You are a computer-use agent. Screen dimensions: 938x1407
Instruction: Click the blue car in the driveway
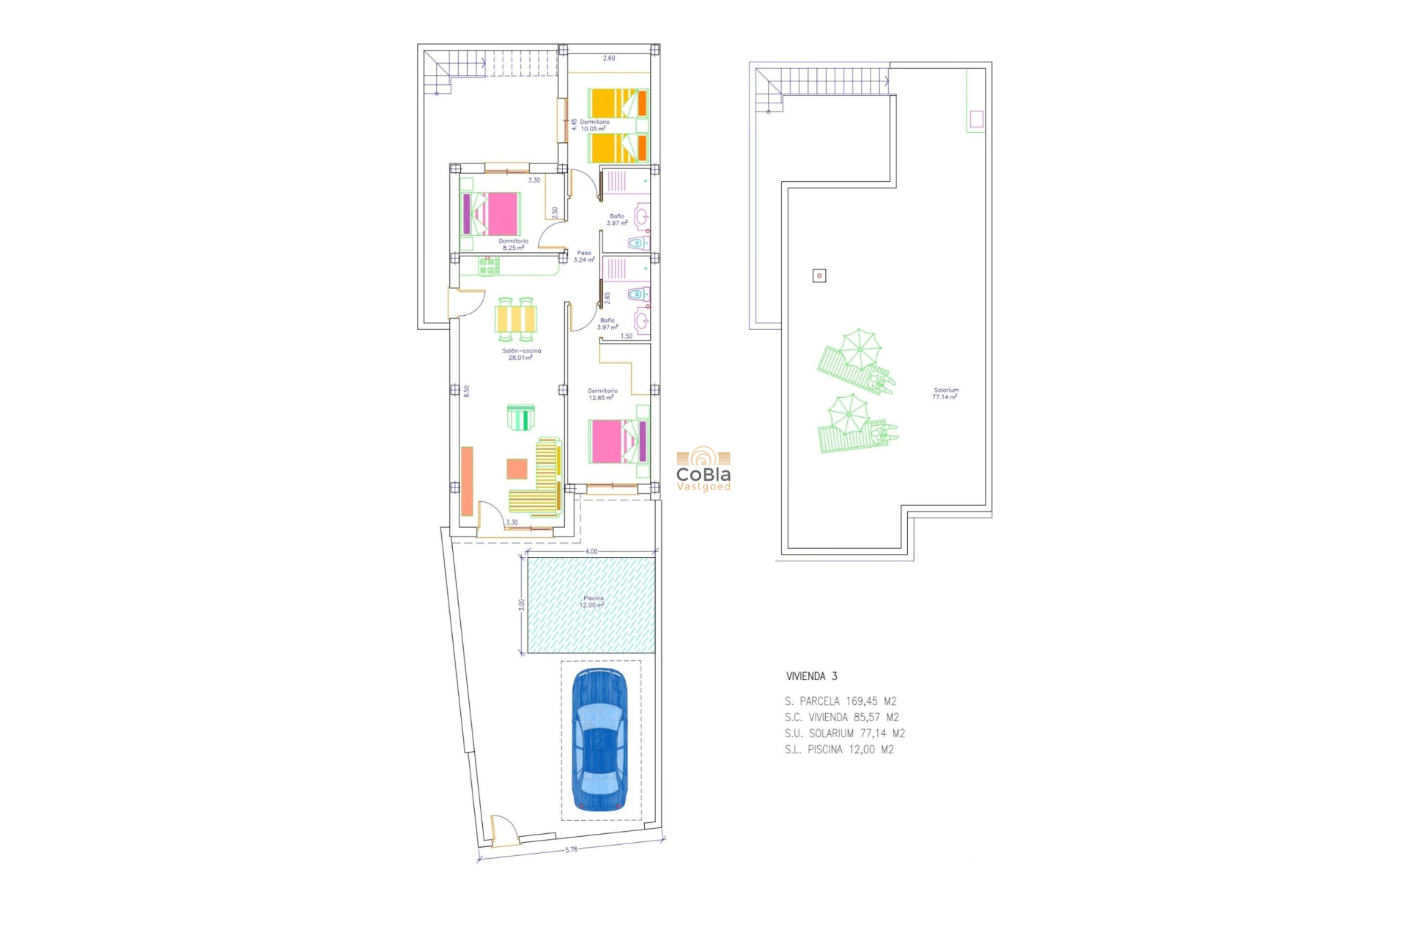click(599, 740)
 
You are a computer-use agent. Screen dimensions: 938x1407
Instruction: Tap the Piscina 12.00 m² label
click(593, 602)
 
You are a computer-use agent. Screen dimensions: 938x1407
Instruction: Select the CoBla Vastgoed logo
click(703, 469)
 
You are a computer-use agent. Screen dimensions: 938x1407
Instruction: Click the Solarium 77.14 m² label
click(945, 394)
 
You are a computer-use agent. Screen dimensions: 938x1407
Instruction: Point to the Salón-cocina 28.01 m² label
click(521, 354)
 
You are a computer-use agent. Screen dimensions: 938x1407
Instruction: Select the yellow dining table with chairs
click(516, 320)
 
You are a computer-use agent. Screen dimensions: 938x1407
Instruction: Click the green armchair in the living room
click(521, 418)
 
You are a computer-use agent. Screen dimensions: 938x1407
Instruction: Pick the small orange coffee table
click(517, 468)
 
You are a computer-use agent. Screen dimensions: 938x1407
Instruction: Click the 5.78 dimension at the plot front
click(571, 849)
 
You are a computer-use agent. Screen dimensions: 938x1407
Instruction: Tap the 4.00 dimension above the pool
click(591, 551)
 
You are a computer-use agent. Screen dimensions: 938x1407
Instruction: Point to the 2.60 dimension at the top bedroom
click(609, 58)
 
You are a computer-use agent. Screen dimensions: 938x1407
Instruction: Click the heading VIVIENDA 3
click(811, 676)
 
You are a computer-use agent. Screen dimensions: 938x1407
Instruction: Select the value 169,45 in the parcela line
click(861, 701)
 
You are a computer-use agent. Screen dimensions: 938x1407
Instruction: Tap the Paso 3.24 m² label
click(583, 256)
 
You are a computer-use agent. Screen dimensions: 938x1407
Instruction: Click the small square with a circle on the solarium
click(819, 276)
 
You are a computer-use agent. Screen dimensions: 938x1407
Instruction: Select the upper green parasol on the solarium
click(859, 348)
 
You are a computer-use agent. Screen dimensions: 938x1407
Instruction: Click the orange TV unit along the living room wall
click(467, 481)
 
